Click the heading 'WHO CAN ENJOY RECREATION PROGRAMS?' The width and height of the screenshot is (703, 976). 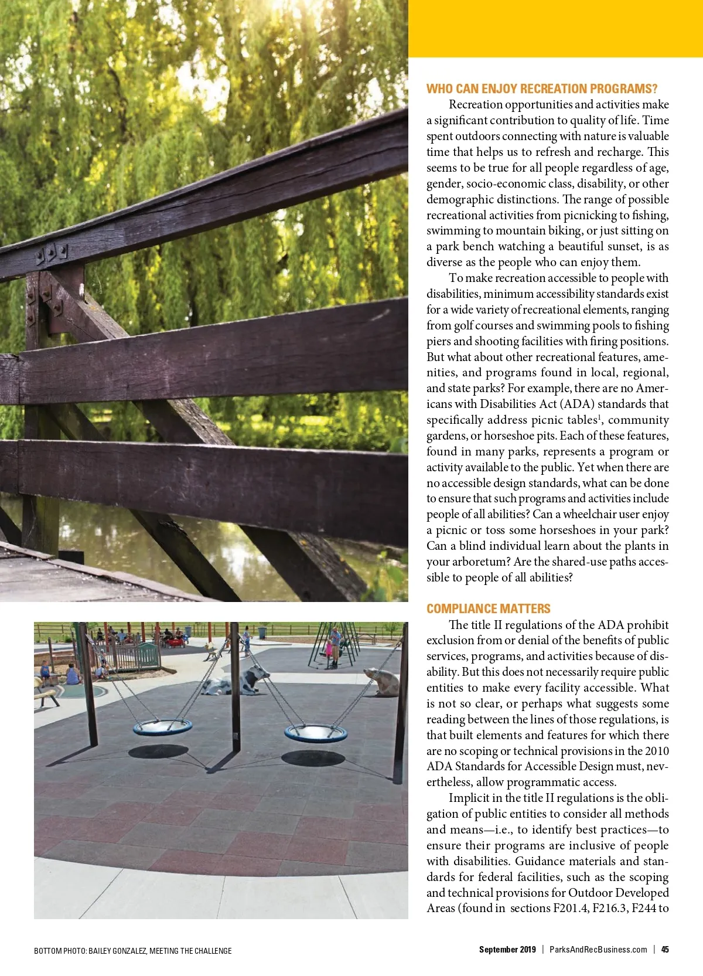pos(541,89)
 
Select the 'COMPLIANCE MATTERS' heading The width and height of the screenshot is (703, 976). pos(488,608)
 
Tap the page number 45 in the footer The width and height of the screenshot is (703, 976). pos(665,950)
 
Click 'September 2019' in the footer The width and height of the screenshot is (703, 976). pos(507,950)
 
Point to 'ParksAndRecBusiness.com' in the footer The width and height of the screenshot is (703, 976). pos(598,950)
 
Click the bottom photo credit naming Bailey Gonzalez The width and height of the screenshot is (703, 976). pos(132,951)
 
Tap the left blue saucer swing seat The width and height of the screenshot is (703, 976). pos(162,727)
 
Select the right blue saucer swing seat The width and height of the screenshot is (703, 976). pos(315,732)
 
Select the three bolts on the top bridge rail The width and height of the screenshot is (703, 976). pos(52,253)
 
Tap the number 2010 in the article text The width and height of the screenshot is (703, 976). pos(657,751)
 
